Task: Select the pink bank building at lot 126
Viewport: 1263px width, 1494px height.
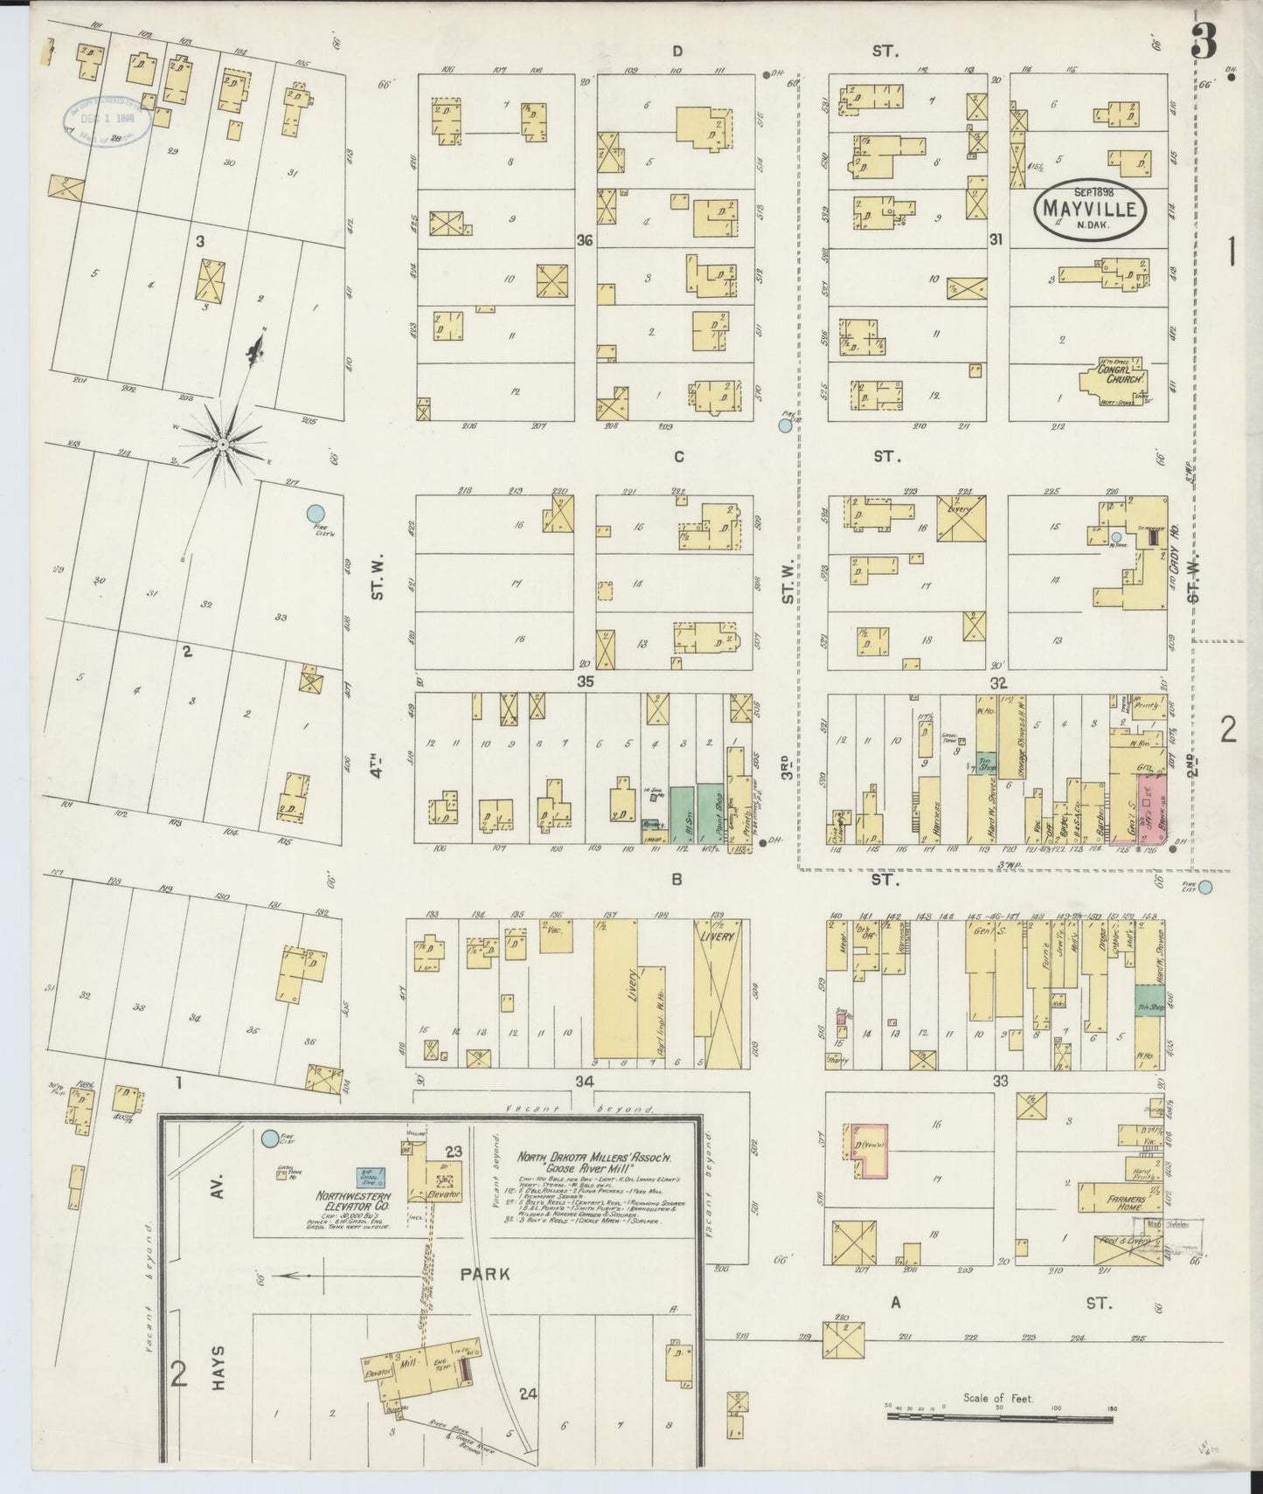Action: pos(1152,794)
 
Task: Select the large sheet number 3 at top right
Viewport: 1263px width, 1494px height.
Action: pos(1204,41)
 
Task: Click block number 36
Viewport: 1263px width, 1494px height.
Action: pos(585,239)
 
